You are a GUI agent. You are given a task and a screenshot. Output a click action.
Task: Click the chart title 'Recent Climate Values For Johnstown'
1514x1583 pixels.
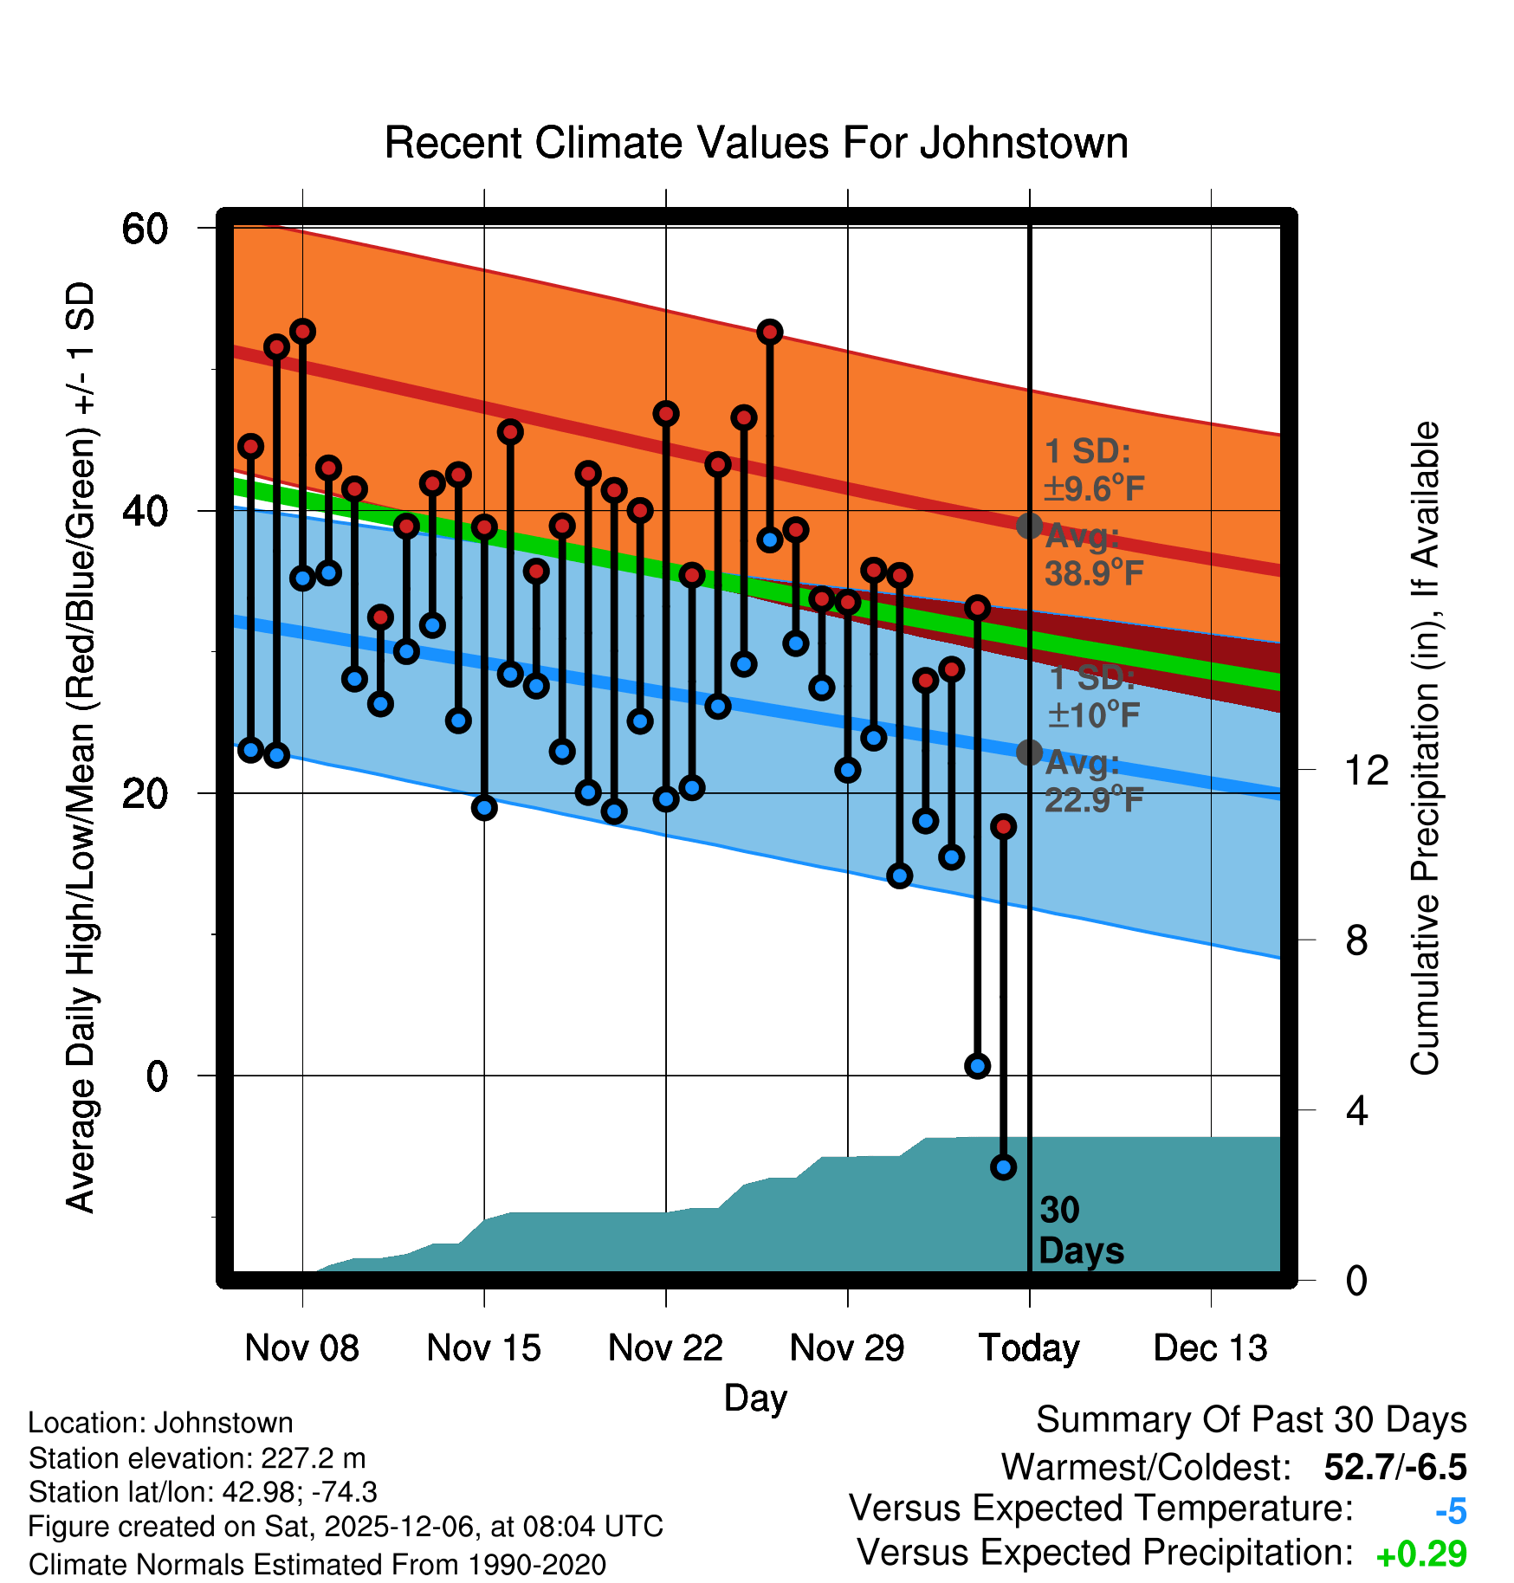click(x=756, y=143)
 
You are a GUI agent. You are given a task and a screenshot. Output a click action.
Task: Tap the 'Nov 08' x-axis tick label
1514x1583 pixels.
click(x=301, y=1348)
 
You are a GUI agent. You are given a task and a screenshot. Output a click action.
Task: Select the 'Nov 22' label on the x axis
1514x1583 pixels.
click(x=665, y=1348)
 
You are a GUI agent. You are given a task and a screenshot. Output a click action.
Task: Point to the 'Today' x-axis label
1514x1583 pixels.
click(x=1029, y=1348)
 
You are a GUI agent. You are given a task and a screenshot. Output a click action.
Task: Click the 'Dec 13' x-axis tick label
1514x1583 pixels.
click(x=1210, y=1348)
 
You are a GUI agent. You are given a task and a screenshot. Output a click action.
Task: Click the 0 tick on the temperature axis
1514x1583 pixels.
click(x=157, y=1076)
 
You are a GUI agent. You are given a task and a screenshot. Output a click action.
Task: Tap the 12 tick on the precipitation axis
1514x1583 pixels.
click(x=1366, y=770)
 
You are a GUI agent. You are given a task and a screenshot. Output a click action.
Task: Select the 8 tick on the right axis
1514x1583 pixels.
click(x=1356, y=940)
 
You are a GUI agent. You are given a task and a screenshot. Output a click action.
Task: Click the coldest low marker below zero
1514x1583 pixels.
click(x=1003, y=1167)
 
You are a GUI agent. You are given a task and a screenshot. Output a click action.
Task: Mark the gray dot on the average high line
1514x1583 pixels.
click(x=1029, y=526)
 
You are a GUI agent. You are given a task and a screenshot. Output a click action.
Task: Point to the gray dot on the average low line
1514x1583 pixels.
click(x=1029, y=753)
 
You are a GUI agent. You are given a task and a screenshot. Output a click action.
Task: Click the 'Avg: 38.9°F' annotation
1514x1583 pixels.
click(x=1093, y=555)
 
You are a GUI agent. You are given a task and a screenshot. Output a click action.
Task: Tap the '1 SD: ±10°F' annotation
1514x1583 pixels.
click(x=1093, y=696)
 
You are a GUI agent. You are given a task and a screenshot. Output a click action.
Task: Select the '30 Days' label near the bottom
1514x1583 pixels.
click(x=1080, y=1231)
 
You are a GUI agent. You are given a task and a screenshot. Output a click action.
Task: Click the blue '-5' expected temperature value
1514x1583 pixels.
click(x=1451, y=1512)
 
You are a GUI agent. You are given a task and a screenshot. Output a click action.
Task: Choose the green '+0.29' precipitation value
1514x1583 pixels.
click(x=1421, y=1554)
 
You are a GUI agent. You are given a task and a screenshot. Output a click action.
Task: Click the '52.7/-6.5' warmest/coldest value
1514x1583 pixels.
click(x=1395, y=1467)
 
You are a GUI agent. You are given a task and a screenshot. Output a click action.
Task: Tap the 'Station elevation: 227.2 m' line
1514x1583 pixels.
click(x=197, y=1458)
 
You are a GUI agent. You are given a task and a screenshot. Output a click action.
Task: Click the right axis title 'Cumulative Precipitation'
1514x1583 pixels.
click(x=1425, y=748)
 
